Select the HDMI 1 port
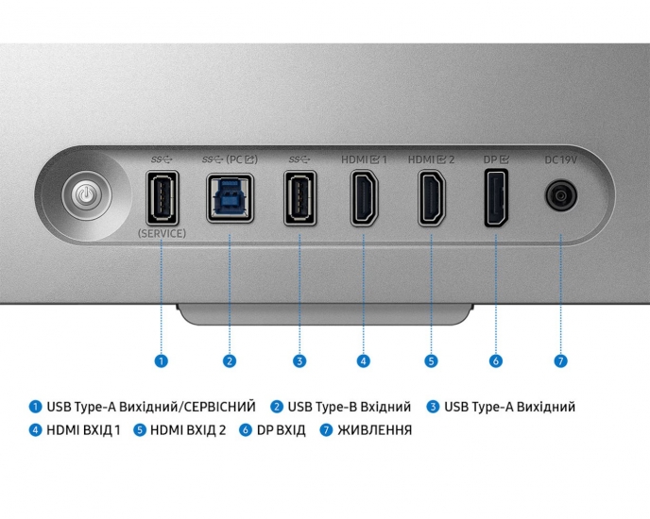(364, 198)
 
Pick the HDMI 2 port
(432, 198)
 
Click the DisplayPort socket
(495, 198)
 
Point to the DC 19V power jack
(560, 196)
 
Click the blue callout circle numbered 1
(162, 360)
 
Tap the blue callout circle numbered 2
(230, 360)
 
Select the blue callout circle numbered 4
(364, 360)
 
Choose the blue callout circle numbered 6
(495, 360)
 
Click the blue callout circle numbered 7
(560, 360)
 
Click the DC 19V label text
(560, 159)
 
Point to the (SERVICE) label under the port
(162, 232)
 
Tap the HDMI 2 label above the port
(432, 159)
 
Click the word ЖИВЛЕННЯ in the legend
(374, 430)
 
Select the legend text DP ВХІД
(281, 430)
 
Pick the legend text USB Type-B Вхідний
(350, 407)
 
